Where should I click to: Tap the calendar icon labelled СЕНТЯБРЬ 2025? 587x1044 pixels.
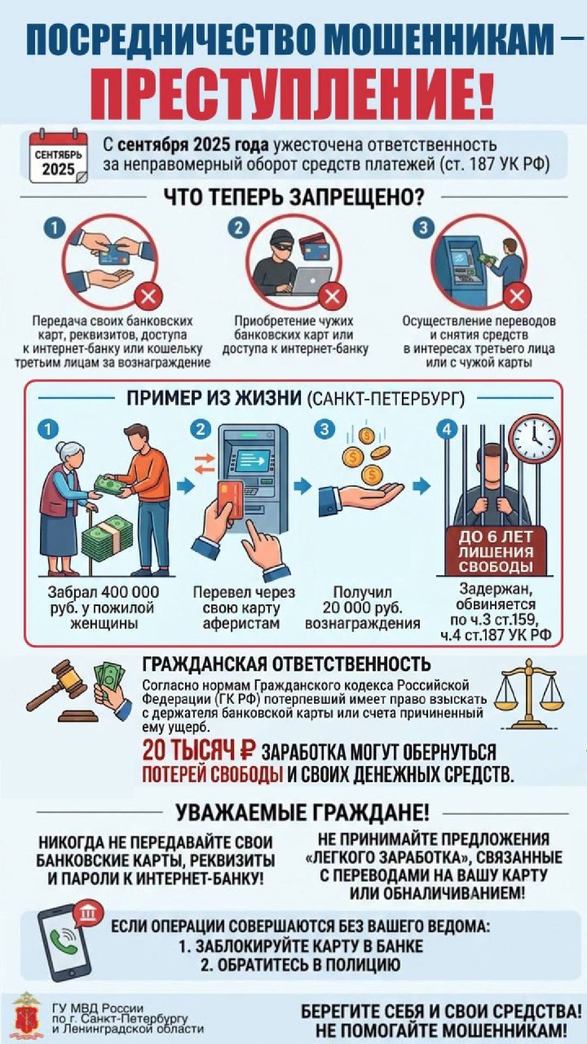click(58, 157)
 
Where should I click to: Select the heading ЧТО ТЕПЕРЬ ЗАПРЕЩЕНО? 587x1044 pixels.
click(294, 197)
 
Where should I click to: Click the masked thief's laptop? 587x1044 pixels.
click(311, 281)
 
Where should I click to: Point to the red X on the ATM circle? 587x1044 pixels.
click(518, 296)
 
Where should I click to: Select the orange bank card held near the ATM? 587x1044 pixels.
click(231, 500)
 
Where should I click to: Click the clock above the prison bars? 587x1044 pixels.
click(534, 438)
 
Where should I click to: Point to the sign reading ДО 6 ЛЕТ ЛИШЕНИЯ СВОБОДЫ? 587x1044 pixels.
click(496, 552)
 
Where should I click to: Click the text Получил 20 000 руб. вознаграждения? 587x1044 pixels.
click(363, 608)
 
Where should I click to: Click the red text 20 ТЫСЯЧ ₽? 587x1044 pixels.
click(199, 751)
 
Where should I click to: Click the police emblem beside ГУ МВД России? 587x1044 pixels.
click(28, 1013)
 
